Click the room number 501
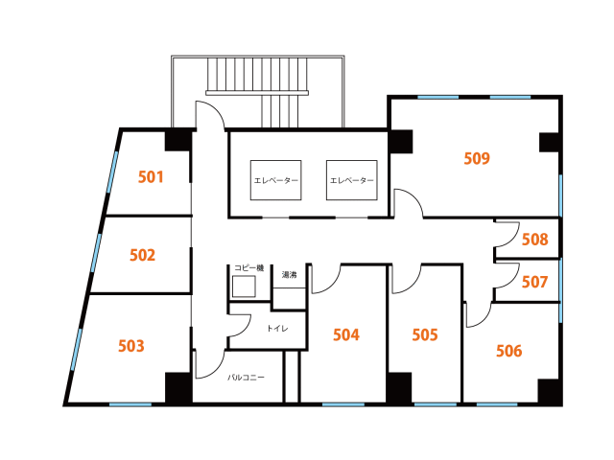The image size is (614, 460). coord(151,177)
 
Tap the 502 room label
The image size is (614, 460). coord(143,256)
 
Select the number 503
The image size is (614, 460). coord(131,346)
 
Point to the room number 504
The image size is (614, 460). coord(346,334)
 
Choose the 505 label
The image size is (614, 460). coord(425,334)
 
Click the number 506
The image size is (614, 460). coord(509,351)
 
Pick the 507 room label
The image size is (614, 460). coord(534,282)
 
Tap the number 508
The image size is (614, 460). coord(535,239)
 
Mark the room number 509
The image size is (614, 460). coord(477,158)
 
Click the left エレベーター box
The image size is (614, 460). coord(275,180)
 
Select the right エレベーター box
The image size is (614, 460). coord(352,180)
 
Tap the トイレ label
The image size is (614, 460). coord(277,328)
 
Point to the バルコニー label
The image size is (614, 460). coord(246,378)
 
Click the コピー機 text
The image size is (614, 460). coord(249,268)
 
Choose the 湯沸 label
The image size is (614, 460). coord(290,275)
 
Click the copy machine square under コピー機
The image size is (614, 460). coord(244,287)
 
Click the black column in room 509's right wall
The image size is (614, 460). coord(550,143)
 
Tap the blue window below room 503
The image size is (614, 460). coord(130,404)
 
